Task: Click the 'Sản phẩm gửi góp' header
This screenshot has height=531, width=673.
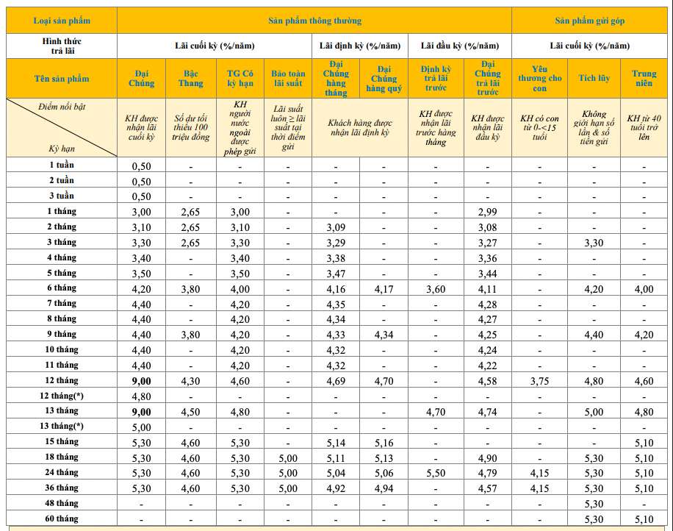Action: tap(591, 21)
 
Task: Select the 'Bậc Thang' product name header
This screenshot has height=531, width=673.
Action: tap(191, 79)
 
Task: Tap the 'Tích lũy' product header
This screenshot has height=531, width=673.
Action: tap(594, 79)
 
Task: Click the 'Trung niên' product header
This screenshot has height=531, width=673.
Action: tap(644, 79)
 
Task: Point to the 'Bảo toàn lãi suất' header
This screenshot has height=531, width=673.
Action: tap(288, 79)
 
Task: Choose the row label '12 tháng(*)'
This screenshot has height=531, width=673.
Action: tap(62, 396)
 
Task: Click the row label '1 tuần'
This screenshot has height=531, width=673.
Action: tap(62, 165)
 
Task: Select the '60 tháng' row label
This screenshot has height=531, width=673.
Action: tap(62, 518)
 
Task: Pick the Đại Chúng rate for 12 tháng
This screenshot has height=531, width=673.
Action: tap(141, 381)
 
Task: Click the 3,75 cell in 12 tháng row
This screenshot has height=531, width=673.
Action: tap(540, 381)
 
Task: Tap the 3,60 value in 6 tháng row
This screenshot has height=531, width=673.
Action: tap(435, 289)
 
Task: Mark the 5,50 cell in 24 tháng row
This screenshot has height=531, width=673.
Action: tap(435, 473)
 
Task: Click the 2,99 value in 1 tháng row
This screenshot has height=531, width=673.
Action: tap(487, 212)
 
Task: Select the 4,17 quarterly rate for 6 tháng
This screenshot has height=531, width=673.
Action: tap(384, 289)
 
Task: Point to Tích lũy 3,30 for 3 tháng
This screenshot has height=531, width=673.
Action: tap(594, 243)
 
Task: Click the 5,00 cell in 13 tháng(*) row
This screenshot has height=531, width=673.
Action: tap(141, 427)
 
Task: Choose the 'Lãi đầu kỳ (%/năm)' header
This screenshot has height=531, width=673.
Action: tap(460, 46)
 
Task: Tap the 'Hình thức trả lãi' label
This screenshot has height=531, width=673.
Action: tap(62, 46)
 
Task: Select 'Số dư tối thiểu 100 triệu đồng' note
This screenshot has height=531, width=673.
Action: tap(191, 127)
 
